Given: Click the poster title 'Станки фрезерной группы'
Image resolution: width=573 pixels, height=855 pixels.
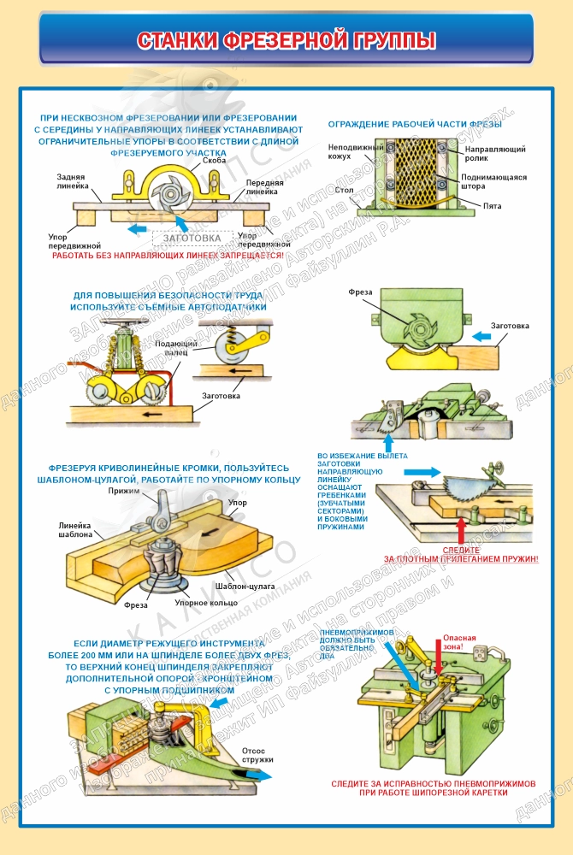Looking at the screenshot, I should [x=286, y=40].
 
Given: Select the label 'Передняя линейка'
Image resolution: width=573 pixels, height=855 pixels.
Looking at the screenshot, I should [x=265, y=188].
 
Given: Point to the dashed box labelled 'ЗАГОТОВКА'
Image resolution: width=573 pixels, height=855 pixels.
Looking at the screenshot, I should [x=192, y=239].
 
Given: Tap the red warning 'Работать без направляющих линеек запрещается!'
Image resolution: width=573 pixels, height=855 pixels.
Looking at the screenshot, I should [x=168, y=255].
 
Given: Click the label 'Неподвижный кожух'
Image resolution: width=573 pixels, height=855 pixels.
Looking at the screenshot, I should [x=346, y=152].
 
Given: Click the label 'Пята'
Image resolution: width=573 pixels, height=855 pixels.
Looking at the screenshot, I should [x=492, y=206].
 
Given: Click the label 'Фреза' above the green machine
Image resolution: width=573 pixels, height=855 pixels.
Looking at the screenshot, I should [x=360, y=292].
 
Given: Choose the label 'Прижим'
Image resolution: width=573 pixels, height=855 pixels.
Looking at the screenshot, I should [x=123, y=492].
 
